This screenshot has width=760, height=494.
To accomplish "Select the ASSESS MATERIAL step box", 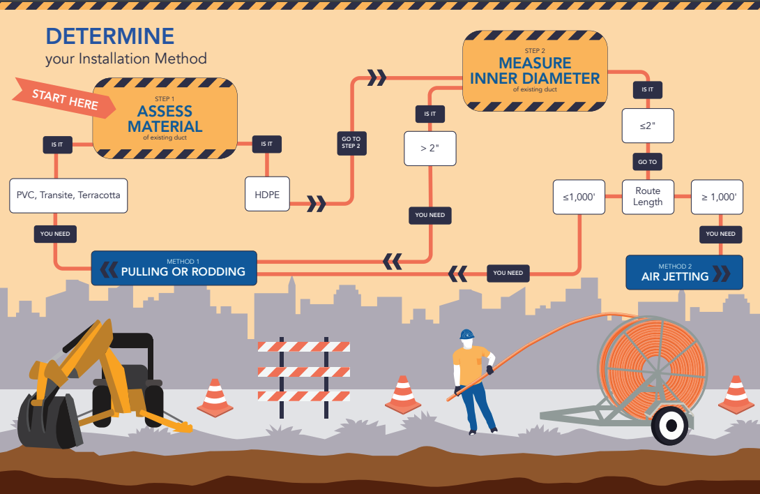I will coord(165,119).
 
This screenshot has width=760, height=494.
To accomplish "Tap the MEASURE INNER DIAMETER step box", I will coord(535,71).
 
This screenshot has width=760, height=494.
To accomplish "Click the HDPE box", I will coord(266,194).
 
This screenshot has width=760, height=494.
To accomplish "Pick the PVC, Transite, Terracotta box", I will coord(68,195).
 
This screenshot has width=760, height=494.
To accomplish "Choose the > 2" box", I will coord(430,148).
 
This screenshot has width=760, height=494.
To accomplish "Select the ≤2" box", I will coord(647,126).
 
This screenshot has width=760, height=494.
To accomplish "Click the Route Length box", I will coord(648,197).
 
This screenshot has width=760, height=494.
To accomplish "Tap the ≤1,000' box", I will coord(578,197).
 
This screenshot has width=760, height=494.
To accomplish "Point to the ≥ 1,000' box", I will coord(718,197).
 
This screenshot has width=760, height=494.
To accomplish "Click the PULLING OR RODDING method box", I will coord(174,268).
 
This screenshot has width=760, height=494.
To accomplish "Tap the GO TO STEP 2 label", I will coord(351,143).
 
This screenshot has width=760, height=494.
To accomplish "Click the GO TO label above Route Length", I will coord(648,162).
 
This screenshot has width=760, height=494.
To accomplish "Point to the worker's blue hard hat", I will coord(466,334).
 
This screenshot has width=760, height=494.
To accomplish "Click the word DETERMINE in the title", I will coord(110,36).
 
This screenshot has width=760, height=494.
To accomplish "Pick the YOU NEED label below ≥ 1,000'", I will coord(720,234).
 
